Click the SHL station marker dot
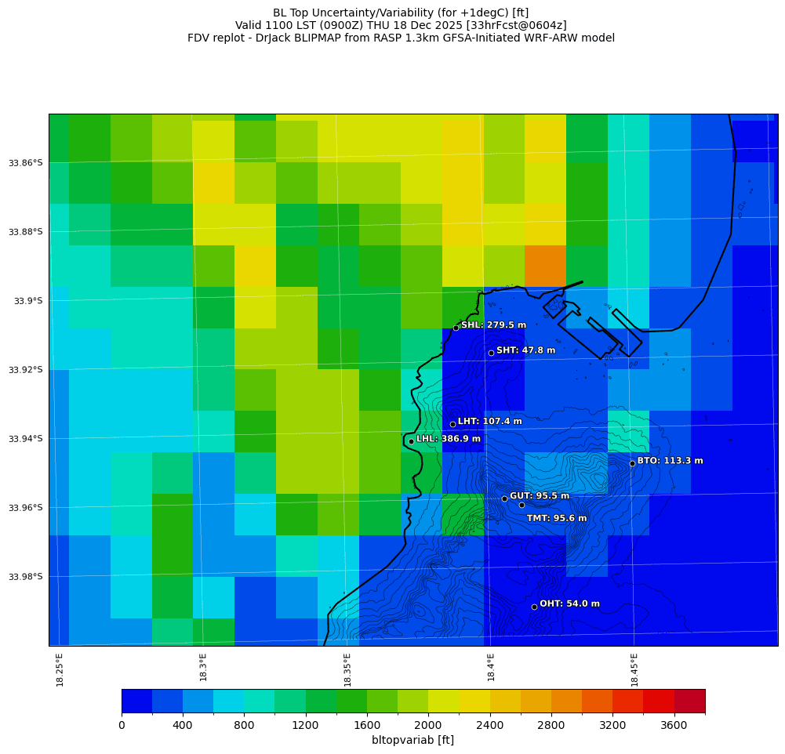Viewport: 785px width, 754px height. coord(456,328)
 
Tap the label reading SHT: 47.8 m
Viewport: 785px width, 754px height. coord(525,350)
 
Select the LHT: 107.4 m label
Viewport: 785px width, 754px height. coord(489,422)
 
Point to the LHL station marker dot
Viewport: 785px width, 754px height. coord(411,441)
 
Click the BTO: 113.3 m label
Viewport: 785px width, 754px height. coord(670,461)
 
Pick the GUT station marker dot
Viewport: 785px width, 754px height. coord(504,498)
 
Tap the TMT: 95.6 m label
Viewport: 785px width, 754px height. coord(556,518)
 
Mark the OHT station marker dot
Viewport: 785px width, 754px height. coord(534,607)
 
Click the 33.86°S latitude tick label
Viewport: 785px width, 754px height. coord(26,163)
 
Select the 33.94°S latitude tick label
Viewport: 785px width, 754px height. coord(26,439)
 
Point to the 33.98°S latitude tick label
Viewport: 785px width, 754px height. coord(26,577)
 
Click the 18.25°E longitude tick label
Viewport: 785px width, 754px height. coord(60,670)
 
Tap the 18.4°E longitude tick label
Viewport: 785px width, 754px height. coord(491,670)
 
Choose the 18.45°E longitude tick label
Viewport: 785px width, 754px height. coord(634,670)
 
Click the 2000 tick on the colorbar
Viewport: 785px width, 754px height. coord(428,726)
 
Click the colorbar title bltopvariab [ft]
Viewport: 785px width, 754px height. coord(412,740)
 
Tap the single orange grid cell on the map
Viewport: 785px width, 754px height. coord(545,266)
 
